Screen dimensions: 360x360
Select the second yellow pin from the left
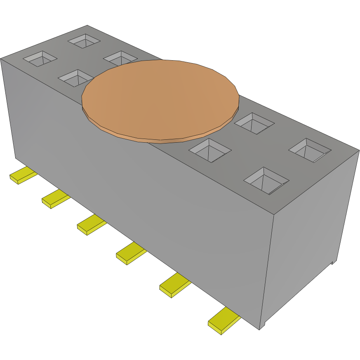point(54,199)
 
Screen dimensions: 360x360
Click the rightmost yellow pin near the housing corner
point(223,320)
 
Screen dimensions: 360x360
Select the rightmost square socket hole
point(310,150)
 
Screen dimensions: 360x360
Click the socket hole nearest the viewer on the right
point(266,180)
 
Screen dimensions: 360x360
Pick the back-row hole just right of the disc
point(254,123)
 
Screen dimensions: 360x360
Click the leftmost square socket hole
point(40,59)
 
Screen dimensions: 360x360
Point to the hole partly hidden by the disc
point(120,58)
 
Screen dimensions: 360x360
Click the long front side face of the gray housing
point(136,186)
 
